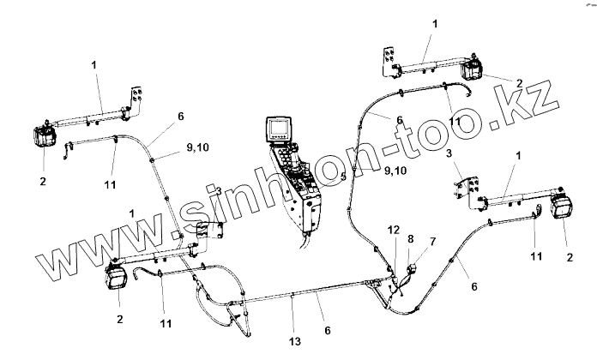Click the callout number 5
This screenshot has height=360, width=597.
[342, 177]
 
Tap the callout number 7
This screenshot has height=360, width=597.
[432, 243]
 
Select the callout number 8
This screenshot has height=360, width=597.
[411, 239]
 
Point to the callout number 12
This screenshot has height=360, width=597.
[393, 231]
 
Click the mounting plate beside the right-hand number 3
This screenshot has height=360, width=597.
[469, 190]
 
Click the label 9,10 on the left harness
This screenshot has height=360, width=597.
[197, 147]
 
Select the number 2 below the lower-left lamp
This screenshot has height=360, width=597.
[119, 318]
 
